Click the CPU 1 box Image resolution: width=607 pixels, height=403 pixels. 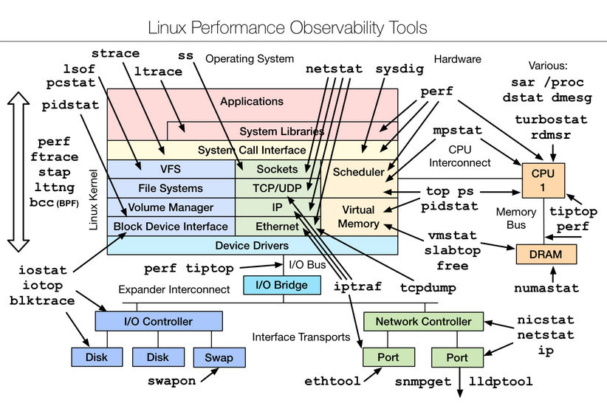click(x=543, y=181)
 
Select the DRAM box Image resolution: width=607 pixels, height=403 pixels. click(x=546, y=254)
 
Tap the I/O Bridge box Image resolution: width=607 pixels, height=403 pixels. click(x=282, y=285)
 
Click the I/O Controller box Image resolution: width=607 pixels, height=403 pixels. click(x=159, y=321)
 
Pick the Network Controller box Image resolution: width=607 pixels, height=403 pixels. click(x=424, y=321)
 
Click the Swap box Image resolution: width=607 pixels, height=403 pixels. click(x=219, y=357)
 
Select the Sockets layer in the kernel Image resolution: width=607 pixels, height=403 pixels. click(x=278, y=169)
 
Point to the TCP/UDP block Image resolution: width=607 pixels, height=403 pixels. click(x=278, y=188)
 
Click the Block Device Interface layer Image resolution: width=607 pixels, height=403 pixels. click(x=171, y=227)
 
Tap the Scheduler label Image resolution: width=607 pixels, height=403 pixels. click(x=358, y=172)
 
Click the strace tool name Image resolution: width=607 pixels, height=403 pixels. click(x=115, y=53)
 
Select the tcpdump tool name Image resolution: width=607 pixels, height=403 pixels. click(x=428, y=288)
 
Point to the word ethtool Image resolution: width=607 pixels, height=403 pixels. click(x=332, y=382)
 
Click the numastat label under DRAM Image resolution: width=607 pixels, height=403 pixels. click(x=546, y=288)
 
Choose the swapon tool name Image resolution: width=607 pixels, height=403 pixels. click(x=171, y=382)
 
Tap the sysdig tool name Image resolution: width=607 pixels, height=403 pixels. click(x=400, y=69)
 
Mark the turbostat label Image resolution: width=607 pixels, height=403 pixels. click(x=551, y=120)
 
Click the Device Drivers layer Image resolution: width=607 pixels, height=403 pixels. click(x=253, y=245)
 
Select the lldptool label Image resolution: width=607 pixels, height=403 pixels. click(x=501, y=382)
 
